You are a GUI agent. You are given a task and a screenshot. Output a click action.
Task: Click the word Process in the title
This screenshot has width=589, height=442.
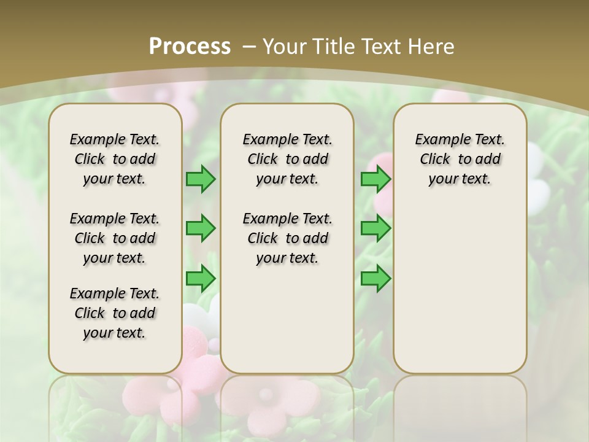click(x=190, y=46)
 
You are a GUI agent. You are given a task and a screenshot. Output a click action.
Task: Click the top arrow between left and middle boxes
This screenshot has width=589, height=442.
click(x=201, y=179)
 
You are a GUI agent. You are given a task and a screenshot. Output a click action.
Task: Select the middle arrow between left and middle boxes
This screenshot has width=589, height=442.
click(x=201, y=228)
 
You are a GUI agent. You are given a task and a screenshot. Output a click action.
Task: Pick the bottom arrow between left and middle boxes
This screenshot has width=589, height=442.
click(x=201, y=278)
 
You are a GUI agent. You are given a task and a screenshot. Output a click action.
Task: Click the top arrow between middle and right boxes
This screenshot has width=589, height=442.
click(x=375, y=179)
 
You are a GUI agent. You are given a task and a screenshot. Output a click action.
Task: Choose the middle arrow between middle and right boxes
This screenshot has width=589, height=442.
click(x=375, y=228)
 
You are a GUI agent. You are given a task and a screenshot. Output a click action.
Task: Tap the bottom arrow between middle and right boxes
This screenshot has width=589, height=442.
click(x=375, y=278)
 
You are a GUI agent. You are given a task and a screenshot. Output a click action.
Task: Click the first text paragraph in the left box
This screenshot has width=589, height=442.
click(x=115, y=159)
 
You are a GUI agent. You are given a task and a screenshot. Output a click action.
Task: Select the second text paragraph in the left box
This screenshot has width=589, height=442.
click(x=115, y=238)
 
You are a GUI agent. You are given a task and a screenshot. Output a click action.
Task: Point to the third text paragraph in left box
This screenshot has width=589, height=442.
click(x=115, y=313)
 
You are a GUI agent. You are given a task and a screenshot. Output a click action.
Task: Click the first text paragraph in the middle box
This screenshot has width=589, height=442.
click(x=287, y=159)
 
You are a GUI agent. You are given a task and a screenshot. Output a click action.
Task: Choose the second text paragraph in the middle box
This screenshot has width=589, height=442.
click(x=287, y=238)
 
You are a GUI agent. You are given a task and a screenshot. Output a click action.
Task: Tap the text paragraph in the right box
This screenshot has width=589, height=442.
click(x=460, y=159)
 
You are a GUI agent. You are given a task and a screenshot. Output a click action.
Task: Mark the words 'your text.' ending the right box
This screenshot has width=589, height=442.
click(x=460, y=179)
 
